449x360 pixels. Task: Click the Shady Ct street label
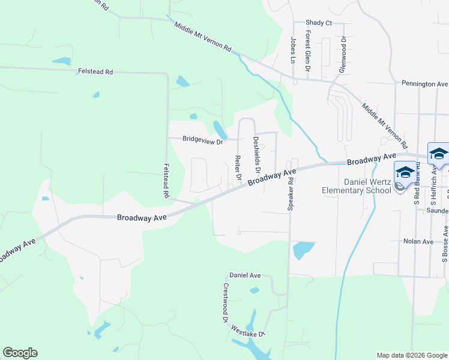pyautogui.click(x=319, y=23)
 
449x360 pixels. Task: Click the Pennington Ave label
pyautogui.click(x=426, y=84)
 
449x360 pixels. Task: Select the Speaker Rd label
pyautogui.click(x=291, y=193)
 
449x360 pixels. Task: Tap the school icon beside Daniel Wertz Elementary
pyautogui.click(x=405, y=172)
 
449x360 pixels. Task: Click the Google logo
pyautogui.click(x=20, y=353)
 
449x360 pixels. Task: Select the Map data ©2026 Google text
pyautogui.click(x=411, y=355)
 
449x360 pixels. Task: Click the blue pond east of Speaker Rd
pyautogui.click(x=303, y=249)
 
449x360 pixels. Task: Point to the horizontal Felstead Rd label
pyautogui.click(x=95, y=72)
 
